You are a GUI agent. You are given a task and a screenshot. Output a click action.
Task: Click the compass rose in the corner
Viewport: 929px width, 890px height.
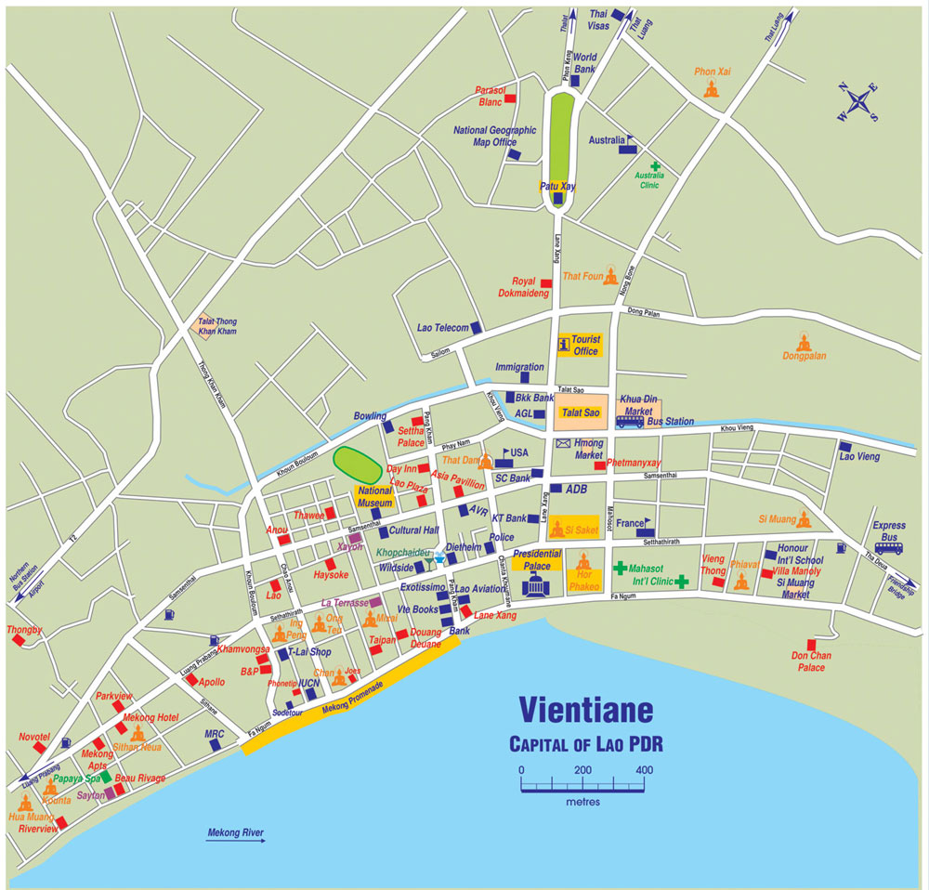coord(858,102)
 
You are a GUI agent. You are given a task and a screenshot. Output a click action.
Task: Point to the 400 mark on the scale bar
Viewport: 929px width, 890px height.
coord(643,770)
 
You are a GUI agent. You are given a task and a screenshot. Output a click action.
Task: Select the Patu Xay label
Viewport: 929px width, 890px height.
coord(557,187)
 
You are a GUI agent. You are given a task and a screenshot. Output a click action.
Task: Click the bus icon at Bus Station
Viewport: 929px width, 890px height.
coord(630,422)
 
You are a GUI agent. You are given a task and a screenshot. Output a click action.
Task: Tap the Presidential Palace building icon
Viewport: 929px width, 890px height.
coord(538,585)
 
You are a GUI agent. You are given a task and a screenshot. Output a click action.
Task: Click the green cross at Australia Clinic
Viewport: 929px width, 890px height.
coord(655,165)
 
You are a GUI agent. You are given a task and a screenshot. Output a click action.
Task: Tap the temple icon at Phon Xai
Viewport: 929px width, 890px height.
coord(712,89)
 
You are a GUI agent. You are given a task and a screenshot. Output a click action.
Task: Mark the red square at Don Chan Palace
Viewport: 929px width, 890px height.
coord(811,645)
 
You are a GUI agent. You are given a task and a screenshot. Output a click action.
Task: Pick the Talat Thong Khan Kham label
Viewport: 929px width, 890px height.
coord(214,326)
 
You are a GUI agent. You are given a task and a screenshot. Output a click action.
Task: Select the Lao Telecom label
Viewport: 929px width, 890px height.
coord(442,328)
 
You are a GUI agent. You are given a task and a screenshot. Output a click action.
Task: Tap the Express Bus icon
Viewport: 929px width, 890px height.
coord(888,548)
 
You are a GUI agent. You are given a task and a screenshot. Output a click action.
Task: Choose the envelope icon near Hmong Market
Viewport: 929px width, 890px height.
coord(563,443)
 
